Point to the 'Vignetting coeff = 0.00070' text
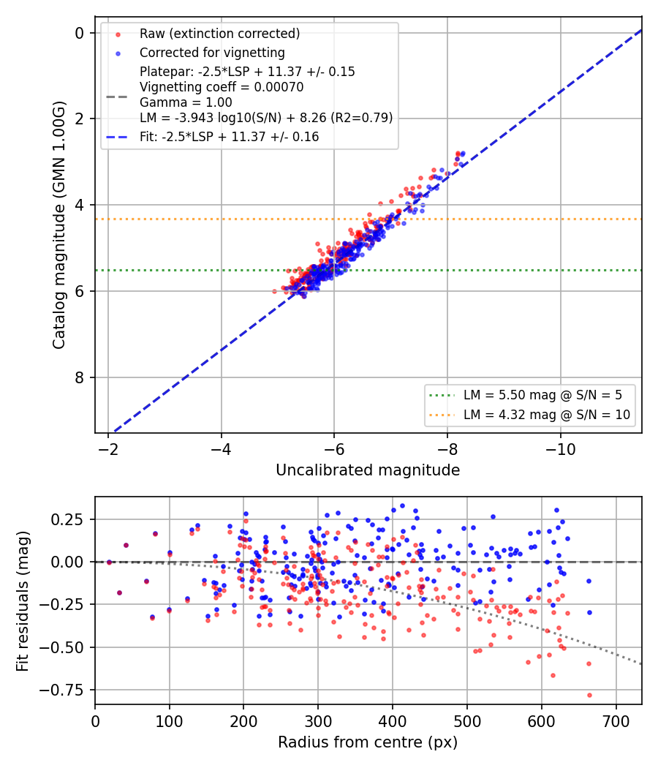[222, 87]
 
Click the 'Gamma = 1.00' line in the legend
[186, 102]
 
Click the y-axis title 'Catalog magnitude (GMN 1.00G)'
[58, 225]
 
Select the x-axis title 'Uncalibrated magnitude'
[368, 470]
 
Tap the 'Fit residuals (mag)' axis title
[23, 601]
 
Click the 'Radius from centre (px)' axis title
[368, 742]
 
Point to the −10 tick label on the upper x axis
[561, 449]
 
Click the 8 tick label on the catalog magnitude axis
[79, 377]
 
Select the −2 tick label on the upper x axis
[108, 449]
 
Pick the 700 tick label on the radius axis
[616, 721]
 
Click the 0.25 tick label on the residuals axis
[67, 519]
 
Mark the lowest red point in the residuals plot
[589, 695]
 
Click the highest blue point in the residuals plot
[402, 506]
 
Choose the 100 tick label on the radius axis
[170, 721]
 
